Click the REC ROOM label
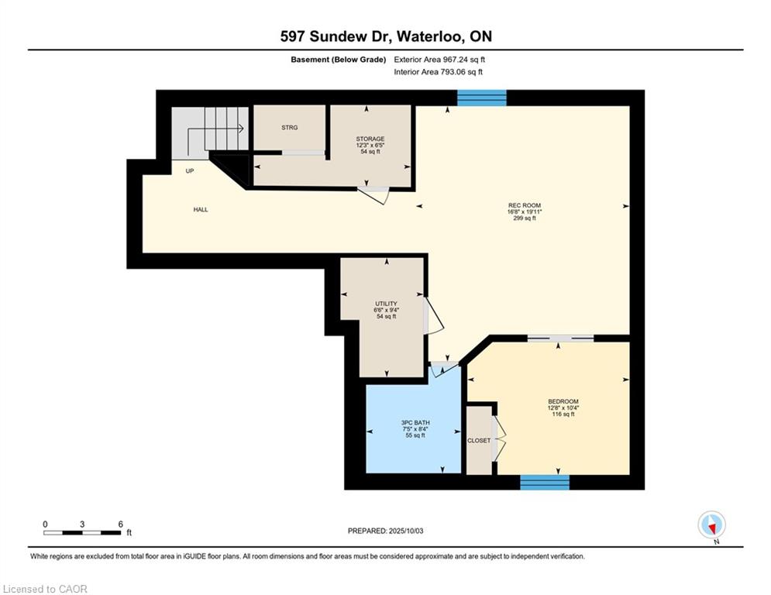[524, 205]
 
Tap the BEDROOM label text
[563, 401]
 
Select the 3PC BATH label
[415, 422]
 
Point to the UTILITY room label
[386, 304]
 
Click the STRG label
[290, 127]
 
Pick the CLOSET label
[479, 441]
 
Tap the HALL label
[201, 209]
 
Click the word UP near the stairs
[190, 171]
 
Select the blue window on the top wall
[482, 98]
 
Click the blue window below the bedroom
[545, 483]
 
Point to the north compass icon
[711, 525]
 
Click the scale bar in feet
[82, 532]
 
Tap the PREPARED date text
[386, 531]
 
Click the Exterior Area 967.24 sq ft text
[439, 60]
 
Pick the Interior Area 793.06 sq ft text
[438, 72]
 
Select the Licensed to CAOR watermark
[45, 589]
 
